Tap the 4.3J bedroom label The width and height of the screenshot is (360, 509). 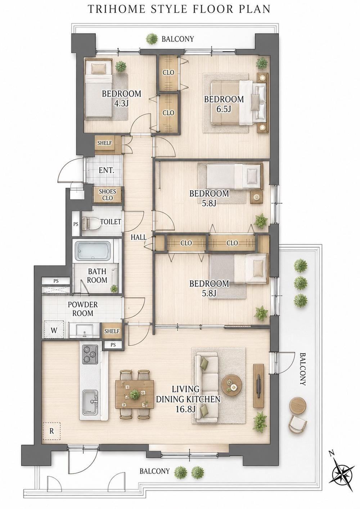coord(121,98)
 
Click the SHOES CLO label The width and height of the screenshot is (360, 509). coord(107,195)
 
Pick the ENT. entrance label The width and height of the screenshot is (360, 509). coord(106,170)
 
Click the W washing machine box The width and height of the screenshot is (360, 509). coord(54,330)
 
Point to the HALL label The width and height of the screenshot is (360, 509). coord(139,237)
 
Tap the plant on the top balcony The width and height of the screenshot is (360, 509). coord(152,39)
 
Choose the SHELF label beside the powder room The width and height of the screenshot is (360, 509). coord(112,331)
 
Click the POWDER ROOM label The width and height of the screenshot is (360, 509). coord(83,309)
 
